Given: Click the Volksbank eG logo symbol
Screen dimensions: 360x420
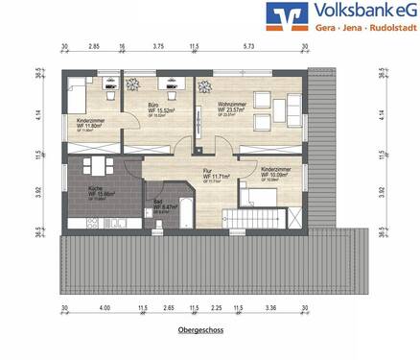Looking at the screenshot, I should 296,18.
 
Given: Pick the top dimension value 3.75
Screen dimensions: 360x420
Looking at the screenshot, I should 158,46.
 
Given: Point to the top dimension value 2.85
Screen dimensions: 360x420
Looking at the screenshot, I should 95,46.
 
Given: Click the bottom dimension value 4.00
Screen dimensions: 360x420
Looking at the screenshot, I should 104,309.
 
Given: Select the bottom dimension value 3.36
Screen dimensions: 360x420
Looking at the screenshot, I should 271,309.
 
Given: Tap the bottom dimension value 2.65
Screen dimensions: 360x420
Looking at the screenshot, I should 168,309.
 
